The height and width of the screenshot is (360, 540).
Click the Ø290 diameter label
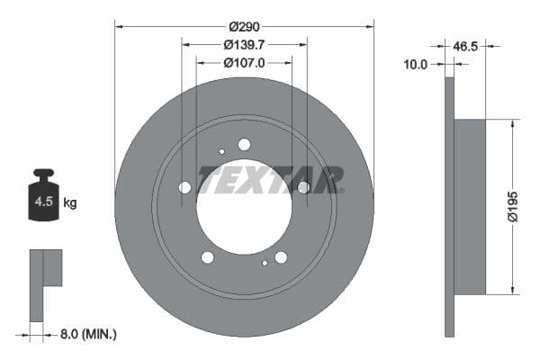(x=244, y=27)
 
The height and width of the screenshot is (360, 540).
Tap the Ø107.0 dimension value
(x=244, y=63)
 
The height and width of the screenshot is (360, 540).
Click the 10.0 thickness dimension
(x=416, y=64)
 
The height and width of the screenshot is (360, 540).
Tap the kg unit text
(x=70, y=202)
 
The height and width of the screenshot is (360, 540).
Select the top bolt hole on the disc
(x=244, y=144)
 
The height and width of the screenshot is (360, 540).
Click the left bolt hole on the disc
(x=185, y=187)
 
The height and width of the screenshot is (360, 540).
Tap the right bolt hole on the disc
(x=303, y=187)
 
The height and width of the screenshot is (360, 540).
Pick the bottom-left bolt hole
(x=208, y=257)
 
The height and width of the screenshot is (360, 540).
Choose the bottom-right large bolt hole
(x=281, y=257)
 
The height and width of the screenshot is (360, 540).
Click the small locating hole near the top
(x=222, y=151)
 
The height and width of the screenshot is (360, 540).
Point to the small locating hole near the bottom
(x=265, y=263)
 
